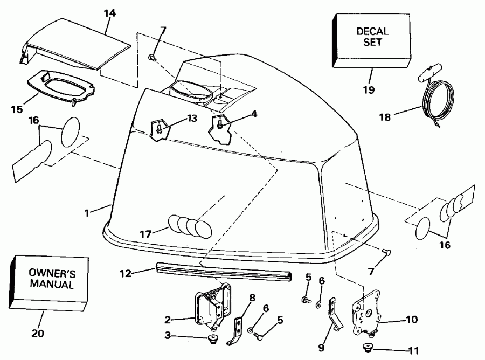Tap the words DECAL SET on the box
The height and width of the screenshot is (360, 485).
click(369, 37)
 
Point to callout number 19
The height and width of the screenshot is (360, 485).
click(369, 89)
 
